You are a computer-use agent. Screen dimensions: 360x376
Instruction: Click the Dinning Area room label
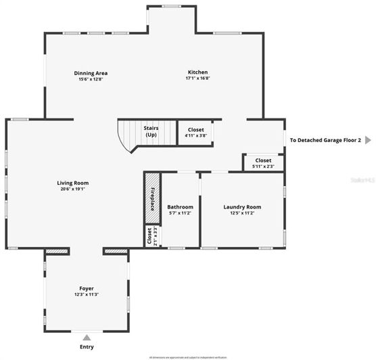[x=91, y=73]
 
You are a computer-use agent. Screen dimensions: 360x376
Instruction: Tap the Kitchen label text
[x=197, y=72]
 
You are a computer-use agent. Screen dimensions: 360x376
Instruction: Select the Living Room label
[x=72, y=183]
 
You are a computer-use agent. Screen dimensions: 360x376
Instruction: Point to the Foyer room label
[x=86, y=288]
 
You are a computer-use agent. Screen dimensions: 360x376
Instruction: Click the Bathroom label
[x=181, y=206]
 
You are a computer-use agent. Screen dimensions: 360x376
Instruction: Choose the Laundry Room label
[x=241, y=206]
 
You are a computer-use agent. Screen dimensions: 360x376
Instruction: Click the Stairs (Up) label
[x=151, y=131]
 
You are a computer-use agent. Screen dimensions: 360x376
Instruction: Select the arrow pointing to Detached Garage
[x=368, y=140]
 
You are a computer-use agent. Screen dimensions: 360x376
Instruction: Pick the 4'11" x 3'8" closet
[x=195, y=132]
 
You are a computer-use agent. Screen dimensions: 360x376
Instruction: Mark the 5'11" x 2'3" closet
[x=263, y=163]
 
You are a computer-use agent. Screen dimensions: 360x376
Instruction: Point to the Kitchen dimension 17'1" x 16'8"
[x=197, y=78]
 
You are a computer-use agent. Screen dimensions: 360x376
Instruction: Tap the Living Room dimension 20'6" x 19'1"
[x=72, y=189]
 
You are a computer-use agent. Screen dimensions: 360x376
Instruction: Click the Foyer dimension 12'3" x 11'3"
[x=86, y=295]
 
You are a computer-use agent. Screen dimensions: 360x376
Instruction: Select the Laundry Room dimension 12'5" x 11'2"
[x=241, y=213]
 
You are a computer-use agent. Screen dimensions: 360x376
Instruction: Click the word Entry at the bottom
[x=87, y=346]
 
